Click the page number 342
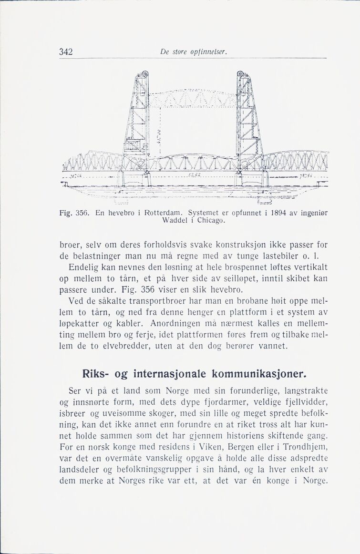65,52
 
